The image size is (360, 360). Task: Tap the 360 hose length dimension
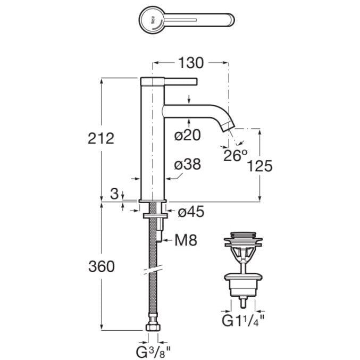[101, 266]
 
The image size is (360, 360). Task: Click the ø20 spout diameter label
[187, 136]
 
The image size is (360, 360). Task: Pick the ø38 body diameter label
[187, 165]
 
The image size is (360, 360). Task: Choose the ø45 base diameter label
[190, 212]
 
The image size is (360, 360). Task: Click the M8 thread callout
[186, 241]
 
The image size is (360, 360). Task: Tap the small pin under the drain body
[243, 302]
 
